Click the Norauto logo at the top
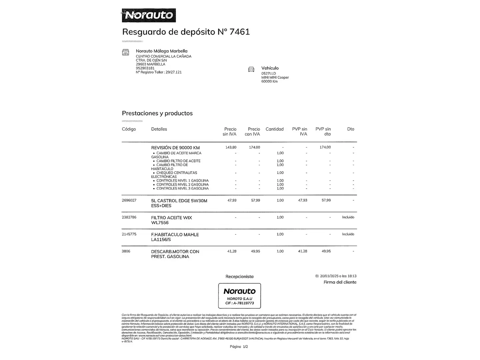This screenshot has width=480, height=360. [149, 15]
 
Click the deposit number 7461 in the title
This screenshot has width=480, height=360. [240, 32]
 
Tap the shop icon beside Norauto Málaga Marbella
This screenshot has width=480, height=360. [125, 52]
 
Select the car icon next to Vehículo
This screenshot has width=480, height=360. [251, 69]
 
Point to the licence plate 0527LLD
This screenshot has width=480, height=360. [268, 73]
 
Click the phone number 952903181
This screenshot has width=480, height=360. [145, 68]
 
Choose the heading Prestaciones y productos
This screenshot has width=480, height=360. [157, 113]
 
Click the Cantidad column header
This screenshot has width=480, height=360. [274, 129]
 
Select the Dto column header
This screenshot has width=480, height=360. [350, 129]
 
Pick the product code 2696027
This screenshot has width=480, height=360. [129, 200]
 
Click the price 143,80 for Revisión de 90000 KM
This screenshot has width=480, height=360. [231, 147]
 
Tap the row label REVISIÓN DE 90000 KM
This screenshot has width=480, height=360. [175, 148]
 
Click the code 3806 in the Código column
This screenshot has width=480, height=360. [126, 251]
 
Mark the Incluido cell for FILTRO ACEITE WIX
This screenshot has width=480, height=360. [348, 217]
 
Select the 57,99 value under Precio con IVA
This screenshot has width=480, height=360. [255, 200]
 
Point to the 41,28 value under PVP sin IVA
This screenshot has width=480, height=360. [302, 251]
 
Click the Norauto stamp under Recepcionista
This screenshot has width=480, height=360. [239, 296]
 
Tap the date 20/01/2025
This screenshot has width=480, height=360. [329, 276]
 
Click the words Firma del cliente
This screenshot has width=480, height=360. [340, 282]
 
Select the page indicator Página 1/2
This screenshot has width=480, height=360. [239, 347]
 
